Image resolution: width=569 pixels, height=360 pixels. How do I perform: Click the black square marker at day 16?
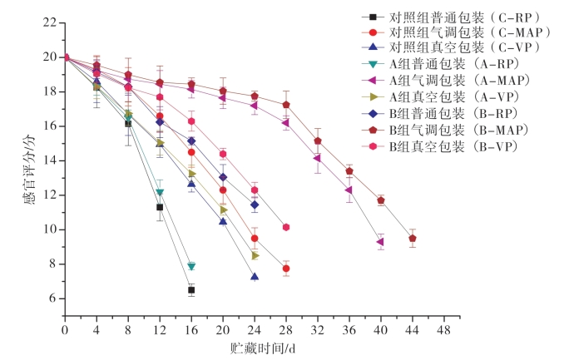191,290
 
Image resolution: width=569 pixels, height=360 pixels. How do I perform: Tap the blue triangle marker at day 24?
255,276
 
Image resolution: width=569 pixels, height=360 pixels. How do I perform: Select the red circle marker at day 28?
286,269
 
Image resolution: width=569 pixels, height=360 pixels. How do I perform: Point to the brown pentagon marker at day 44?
413,239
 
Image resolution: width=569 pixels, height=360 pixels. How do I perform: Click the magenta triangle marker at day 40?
380,242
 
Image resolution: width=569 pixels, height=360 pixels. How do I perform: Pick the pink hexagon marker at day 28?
286,227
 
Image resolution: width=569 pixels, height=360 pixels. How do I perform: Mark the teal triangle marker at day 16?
191,266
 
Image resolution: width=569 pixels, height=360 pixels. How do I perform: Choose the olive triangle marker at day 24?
255,255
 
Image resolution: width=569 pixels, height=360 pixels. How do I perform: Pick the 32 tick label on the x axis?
318,332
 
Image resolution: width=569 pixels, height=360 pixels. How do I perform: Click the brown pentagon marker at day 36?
349,171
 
